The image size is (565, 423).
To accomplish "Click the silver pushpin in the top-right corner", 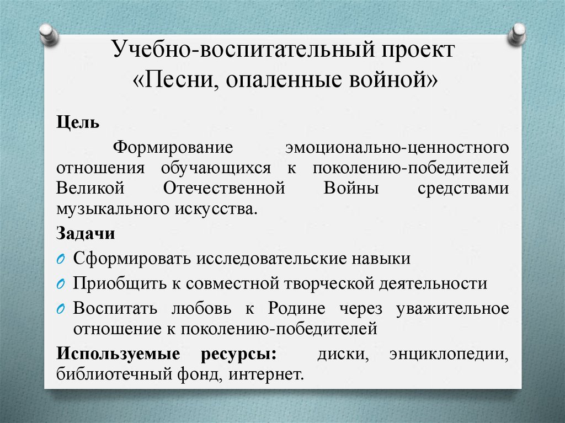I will click(x=517, y=34).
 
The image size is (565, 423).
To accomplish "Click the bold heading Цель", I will click(x=77, y=122).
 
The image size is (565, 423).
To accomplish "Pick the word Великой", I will click(x=88, y=188).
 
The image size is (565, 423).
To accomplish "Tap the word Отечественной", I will click(x=224, y=188).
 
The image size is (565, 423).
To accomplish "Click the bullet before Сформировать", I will click(x=61, y=259).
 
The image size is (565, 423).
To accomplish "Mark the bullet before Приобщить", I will click(x=61, y=284).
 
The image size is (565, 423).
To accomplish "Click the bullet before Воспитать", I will click(x=61, y=309).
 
